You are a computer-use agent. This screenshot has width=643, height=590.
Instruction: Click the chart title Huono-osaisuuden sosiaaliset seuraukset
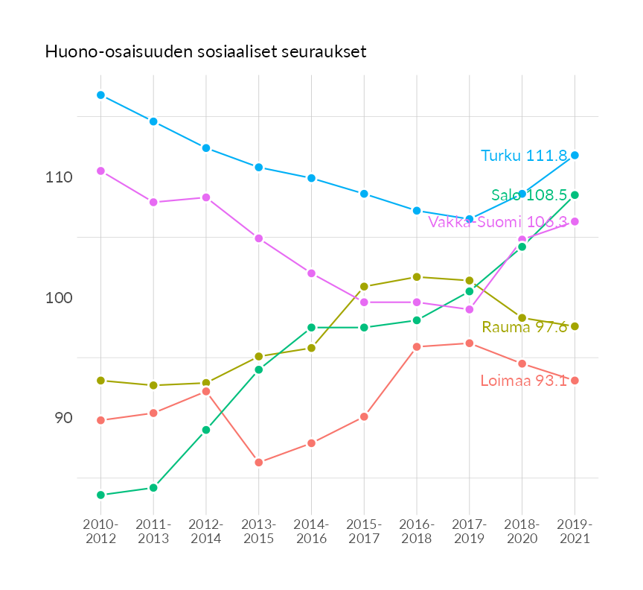[205, 51]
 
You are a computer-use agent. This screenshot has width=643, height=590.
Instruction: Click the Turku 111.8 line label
[524, 156]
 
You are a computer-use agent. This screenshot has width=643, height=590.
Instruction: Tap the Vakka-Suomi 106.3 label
[498, 222]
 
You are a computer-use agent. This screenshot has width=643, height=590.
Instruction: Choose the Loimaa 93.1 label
[523, 381]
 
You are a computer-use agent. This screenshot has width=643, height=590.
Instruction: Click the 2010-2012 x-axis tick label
[100, 531]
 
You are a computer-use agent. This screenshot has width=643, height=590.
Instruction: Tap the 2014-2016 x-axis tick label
[311, 531]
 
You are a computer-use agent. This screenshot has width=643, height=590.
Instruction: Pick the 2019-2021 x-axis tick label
[575, 531]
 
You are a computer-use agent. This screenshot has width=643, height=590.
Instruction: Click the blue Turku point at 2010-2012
[100, 95]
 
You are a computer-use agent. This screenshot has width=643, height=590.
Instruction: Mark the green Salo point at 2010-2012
[100, 495]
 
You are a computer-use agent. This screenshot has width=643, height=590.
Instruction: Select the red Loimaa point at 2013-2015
[259, 463]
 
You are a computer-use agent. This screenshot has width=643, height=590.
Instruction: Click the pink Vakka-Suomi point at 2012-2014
[206, 197]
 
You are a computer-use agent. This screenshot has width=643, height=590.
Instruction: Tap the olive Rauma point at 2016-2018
[417, 277]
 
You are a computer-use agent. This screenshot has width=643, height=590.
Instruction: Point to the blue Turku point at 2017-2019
[470, 219]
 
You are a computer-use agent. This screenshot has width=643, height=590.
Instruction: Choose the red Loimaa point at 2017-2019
[470, 343]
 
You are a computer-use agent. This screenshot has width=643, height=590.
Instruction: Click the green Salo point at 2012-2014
[206, 430]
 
